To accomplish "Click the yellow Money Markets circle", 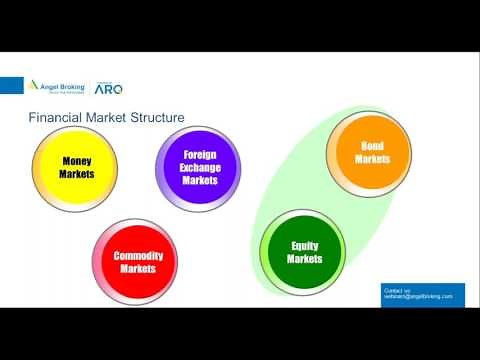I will (x=77, y=168).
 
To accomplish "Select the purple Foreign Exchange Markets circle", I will (x=200, y=168).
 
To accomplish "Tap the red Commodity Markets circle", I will (x=138, y=262).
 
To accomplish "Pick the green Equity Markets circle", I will (x=304, y=252).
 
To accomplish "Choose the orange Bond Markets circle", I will (x=372, y=152).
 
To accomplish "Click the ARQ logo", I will (x=108, y=88).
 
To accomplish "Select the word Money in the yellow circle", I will (x=77, y=160).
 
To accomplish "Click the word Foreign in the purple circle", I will (x=200, y=155).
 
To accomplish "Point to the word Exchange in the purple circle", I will (x=200, y=167).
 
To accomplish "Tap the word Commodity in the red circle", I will (x=138, y=256).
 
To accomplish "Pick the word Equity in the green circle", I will (x=305, y=246).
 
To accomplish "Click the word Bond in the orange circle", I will (x=372, y=146).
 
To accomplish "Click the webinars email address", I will (x=418, y=297).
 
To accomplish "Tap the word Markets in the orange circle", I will (x=372, y=159).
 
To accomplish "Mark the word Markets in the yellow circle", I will (x=77, y=174).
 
